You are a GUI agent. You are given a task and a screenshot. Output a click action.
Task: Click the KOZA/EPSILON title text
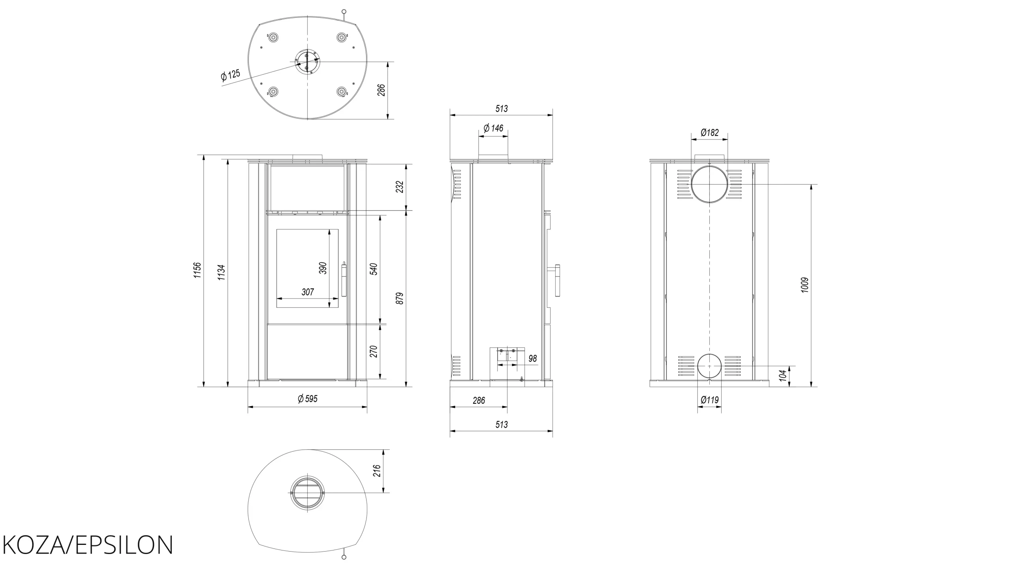click(88, 545)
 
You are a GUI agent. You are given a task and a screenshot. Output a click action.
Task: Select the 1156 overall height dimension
click(197, 270)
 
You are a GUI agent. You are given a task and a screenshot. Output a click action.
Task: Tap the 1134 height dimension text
click(221, 273)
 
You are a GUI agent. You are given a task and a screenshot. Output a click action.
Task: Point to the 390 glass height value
click(323, 268)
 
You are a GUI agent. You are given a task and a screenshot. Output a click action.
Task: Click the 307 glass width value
click(308, 292)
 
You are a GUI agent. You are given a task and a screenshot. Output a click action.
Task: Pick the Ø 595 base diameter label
click(308, 399)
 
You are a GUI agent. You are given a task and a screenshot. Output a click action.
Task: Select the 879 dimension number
click(400, 298)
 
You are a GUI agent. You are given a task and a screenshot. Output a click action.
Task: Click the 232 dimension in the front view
click(400, 187)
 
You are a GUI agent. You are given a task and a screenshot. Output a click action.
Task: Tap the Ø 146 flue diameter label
click(494, 128)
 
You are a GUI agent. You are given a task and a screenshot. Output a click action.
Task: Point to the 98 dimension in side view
click(533, 358)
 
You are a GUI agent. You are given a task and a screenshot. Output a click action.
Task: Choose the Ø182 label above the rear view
click(710, 133)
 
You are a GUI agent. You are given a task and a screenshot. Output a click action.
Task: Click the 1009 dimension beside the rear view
click(805, 285)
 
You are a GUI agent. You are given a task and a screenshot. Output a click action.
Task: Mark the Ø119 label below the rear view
click(710, 400)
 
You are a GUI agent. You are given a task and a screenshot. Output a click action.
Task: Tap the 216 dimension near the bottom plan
click(377, 471)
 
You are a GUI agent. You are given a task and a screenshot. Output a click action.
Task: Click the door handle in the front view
click(344, 279)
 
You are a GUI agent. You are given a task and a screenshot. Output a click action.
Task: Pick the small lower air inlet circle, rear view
click(710, 354)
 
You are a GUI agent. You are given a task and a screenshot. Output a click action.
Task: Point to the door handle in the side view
click(557, 280)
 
